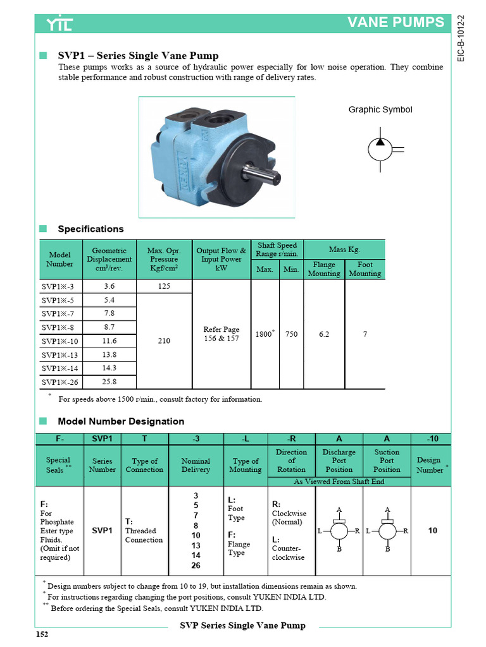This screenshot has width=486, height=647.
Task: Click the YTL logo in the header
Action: click(x=59, y=24)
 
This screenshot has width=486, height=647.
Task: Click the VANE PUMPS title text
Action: click(x=396, y=23)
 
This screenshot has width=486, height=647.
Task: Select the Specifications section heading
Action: click(x=90, y=229)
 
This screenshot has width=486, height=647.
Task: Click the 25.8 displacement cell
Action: click(x=109, y=382)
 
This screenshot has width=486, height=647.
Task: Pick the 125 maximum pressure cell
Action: click(x=164, y=286)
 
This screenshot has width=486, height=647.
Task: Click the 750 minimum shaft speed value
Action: click(x=291, y=334)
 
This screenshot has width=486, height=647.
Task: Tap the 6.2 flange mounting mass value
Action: click(x=324, y=334)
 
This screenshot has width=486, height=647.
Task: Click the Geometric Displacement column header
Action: click(x=109, y=259)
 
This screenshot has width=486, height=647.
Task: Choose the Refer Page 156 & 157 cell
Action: click(x=221, y=334)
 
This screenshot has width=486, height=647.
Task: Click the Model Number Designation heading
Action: click(x=121, y=421)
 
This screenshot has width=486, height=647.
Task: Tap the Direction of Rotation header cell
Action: click(x=291, y=461)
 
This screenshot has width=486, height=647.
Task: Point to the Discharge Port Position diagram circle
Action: click(x=339, y=531)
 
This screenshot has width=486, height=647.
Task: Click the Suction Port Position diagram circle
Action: click(x=387, y=531)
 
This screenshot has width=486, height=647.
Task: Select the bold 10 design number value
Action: click(x=433, y=531)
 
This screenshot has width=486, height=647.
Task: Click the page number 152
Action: click(x=42, y=634)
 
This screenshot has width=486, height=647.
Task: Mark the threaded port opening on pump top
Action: click(x=215, y=118)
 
